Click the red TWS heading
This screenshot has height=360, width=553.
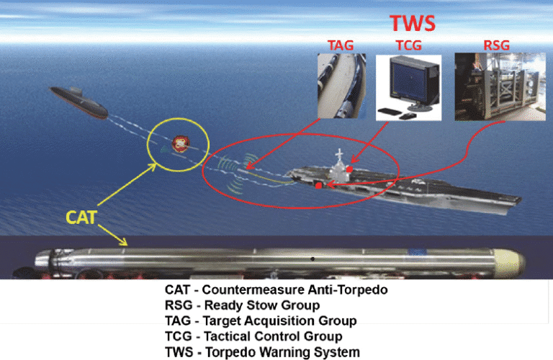tap(413, 23)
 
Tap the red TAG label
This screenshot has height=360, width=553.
tap(341, 45)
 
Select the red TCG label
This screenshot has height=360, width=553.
tap(408, 45)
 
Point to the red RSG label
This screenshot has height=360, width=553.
tap(497, 45)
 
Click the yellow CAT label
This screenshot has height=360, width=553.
tap(81, 217)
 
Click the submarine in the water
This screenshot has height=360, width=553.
tap(79, 102)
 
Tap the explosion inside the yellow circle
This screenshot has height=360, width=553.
tap(181, 144)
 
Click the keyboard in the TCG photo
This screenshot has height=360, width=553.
tap(389, 111)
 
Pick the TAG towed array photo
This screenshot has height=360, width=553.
tap(341, 86)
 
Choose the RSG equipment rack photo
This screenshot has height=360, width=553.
tap(500, 86)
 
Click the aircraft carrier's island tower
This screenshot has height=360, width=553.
tap(338, 166)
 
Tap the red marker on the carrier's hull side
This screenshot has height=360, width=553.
tap(318, 185)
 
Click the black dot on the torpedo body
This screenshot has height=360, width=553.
tap(313, 259)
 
